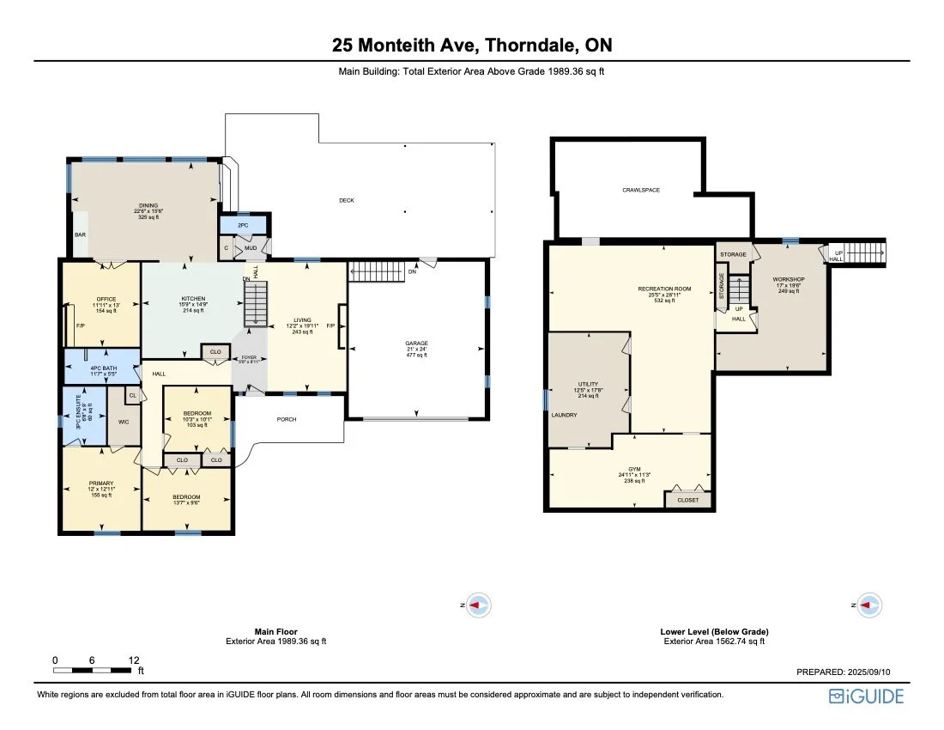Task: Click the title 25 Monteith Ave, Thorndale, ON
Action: (471, 46)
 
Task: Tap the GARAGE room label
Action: (417, 344)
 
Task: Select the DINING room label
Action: (148, 205)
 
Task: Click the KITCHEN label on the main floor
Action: (192, 298)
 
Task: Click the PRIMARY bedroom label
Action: (101, 483)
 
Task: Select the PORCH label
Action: (286, 420)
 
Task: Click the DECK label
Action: (347, 200)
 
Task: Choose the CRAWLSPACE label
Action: (641, 190)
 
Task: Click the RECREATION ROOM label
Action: (664, 289)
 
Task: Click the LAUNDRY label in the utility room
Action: (565, 416)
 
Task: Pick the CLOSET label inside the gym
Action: (688, 500)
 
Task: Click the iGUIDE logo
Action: (866, 696)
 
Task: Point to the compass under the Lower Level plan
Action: (869, 605)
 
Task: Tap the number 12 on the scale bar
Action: (134, 660)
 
